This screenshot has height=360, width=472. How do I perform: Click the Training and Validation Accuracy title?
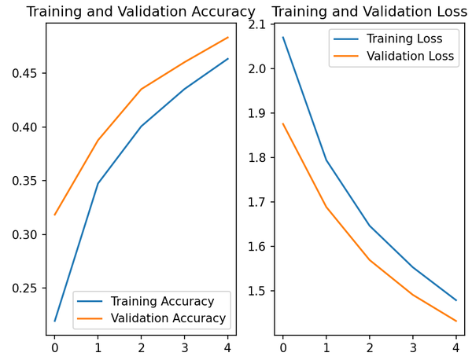(141, 12)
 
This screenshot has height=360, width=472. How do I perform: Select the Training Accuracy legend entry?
(162, 302)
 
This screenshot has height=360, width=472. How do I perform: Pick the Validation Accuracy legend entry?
(168, 318)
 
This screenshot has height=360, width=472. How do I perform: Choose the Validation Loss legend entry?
(411, 56)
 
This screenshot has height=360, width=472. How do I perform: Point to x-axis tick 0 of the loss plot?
(283, 346)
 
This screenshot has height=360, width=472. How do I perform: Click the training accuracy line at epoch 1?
(98, 184)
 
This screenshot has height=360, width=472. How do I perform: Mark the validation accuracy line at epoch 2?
(142, 89)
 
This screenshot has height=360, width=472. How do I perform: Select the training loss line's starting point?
(283, 37)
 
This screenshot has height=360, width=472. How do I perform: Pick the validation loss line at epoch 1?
(326, 207)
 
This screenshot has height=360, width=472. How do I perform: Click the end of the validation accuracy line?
(228, 37)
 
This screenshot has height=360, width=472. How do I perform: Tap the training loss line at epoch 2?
(370, 226)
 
